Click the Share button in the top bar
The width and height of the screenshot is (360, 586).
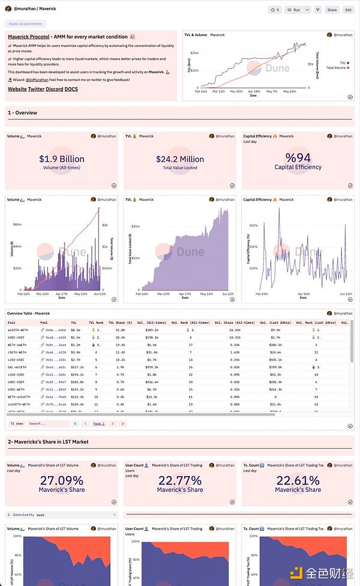(x=331, y=10)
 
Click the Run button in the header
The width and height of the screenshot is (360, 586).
(x=295, y=10)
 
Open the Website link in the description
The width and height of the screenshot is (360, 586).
(x=17, y=89)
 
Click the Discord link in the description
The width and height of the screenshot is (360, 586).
(x=54, y=89)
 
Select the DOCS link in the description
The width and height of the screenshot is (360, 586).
(x=71, y=89)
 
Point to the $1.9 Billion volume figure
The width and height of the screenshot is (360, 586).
(x=62, y=159)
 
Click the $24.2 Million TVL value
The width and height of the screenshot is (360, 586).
(x=180, y=159)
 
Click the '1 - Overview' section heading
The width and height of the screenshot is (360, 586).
(x=22, y=113)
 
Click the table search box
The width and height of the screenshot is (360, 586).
(x=48, y=423)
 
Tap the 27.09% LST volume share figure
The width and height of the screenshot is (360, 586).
(x=62, y=480)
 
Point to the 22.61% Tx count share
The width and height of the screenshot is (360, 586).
(x=298, y=480)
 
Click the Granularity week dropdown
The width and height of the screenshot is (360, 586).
(x=62, y=515)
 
